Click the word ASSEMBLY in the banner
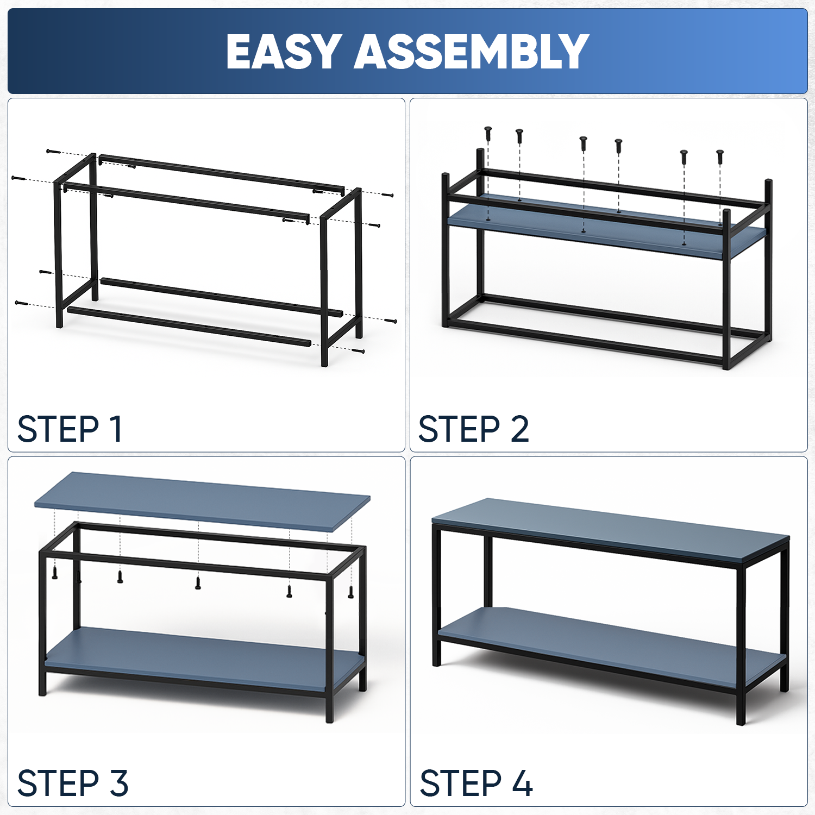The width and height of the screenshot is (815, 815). coord(472,52)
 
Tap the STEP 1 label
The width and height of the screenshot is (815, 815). coord(70,429)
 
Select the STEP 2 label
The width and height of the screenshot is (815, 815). coord(474,429)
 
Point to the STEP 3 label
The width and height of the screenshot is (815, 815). coord(73,783)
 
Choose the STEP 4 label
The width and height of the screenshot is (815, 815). coord(476,783)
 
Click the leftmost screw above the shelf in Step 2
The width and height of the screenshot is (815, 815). coord(488,134)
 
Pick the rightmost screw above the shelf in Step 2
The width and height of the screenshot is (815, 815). coord(720,156)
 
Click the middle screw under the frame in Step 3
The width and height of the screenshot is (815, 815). coord(198,582)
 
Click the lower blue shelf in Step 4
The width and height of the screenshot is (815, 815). coord(611,647)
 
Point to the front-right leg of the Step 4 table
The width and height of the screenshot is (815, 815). coord(741,644)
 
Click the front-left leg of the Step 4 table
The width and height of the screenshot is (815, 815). coord(436,595)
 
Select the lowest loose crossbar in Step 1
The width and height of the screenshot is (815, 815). coord(189,327)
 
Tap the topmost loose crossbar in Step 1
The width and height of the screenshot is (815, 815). coord(222,173)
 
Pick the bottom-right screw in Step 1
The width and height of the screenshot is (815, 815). coord(358,351)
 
